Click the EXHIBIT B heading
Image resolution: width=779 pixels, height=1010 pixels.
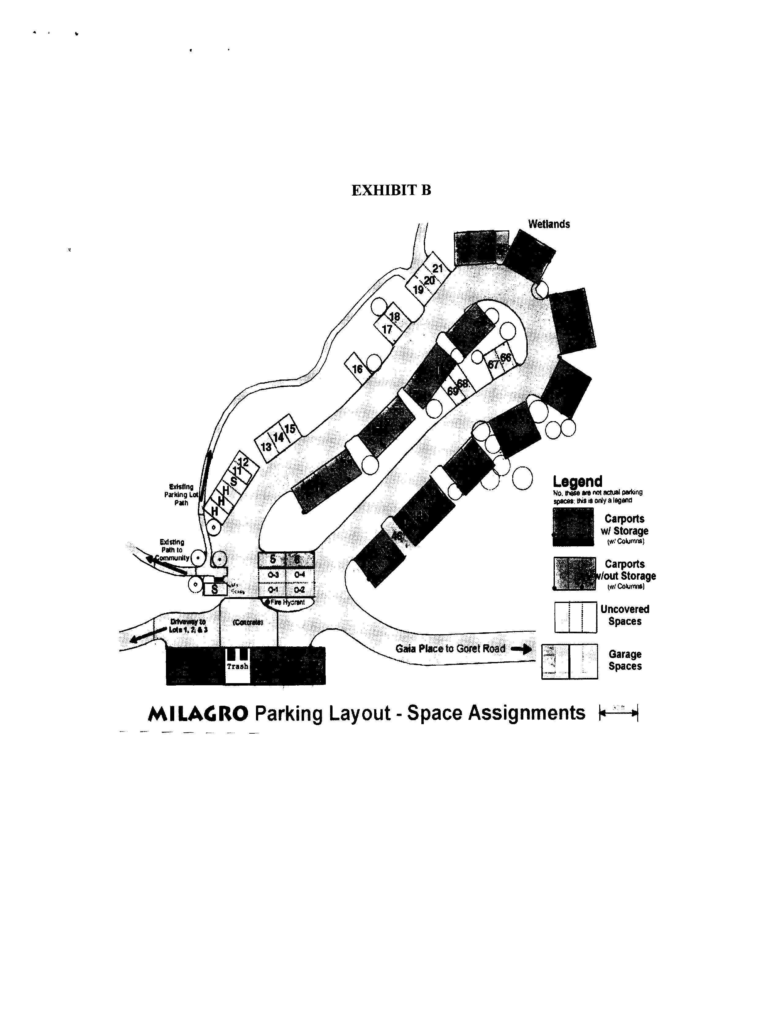coord(391,191)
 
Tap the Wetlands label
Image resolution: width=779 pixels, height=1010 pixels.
coord(549,224)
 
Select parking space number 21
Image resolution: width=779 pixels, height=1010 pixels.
coord(437,268)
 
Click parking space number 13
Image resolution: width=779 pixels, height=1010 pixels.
coord(266,447)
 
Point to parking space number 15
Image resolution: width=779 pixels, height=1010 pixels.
coord(290,429)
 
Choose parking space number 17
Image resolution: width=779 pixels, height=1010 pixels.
coord(387,330)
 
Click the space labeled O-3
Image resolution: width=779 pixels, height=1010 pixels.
coord(273,575)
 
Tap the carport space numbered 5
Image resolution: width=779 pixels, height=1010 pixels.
coord(273,559)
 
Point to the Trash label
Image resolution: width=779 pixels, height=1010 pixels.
coord(237,666)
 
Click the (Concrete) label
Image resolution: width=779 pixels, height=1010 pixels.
coord(248,623)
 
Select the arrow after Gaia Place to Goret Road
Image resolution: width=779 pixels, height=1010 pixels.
coord(521,649)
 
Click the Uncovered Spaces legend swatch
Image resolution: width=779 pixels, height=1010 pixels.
coord(575,617)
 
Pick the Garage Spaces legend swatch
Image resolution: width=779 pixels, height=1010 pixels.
coord(570,661)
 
